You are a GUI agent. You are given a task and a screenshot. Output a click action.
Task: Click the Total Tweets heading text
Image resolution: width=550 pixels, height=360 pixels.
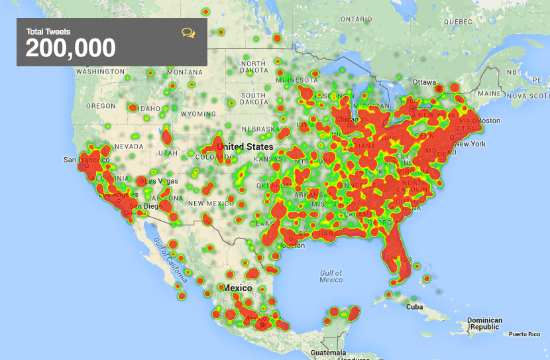[48, 31]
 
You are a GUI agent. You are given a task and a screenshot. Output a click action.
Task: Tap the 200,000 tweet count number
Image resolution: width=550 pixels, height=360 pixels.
[70, 48]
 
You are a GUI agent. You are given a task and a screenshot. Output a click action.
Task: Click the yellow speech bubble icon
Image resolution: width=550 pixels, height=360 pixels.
[188, 32]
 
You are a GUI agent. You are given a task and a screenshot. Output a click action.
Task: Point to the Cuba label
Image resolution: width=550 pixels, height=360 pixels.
[414, 307]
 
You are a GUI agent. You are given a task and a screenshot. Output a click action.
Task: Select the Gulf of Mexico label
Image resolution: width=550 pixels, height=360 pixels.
[331, 276]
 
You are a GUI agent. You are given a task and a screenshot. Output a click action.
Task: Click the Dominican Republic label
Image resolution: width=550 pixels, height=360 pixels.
[484, 324]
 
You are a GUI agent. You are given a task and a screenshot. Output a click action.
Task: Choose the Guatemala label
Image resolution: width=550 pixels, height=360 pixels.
[329, 352]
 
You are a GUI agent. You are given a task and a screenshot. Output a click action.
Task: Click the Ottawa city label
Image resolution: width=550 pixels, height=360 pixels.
[424, 82]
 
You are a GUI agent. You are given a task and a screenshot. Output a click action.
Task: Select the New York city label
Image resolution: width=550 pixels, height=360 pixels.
[470, 144]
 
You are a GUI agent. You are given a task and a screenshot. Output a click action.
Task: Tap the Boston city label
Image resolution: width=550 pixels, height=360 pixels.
[490, 121]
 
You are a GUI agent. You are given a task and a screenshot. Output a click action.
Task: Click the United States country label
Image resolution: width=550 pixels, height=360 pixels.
[245, 147]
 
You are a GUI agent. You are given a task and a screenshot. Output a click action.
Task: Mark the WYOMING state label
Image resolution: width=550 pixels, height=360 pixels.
[199, 114]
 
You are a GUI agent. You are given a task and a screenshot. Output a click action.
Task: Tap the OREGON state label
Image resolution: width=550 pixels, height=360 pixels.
[101, 106]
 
